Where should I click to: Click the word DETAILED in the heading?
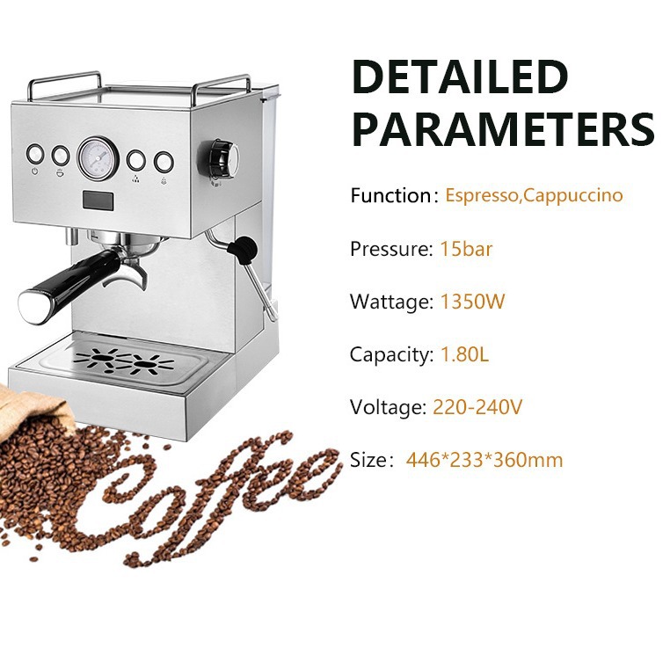point(460,78)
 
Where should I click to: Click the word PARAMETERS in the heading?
point(503,129)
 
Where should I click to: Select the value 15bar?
point(466,249)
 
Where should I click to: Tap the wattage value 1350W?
point(472,302)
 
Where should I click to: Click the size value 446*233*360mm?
point(484,460)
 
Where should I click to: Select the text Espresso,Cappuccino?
point(534,195)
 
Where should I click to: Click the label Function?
point(389,195)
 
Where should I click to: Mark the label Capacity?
point(391,355)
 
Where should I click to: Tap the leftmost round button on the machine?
point(35,154)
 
